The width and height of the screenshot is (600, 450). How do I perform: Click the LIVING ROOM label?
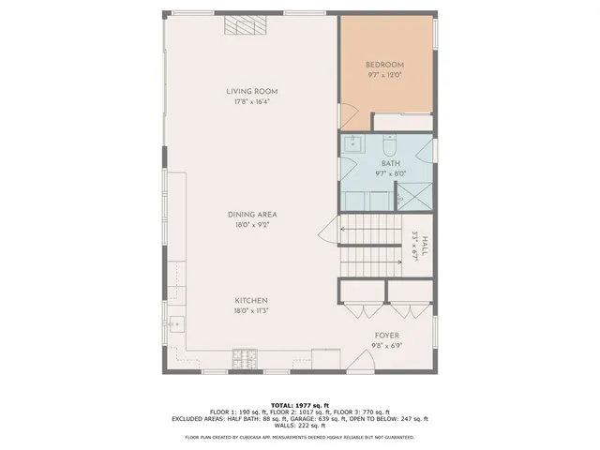pos(251,92)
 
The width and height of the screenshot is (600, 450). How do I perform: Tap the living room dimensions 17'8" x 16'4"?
pos(251,103)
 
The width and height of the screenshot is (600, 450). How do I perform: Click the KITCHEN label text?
pos(251,300)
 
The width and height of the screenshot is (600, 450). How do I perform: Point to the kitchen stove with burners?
pos(246,356)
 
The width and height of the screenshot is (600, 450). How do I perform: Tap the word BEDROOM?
pos(384,65)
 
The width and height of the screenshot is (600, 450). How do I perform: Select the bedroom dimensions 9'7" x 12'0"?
pos(384,75)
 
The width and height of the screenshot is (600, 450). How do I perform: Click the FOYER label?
pos(387,335)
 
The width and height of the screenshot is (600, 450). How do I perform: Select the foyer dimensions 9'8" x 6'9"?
pos(387,345)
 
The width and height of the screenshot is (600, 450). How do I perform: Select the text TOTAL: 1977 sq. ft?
pos(299,404)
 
